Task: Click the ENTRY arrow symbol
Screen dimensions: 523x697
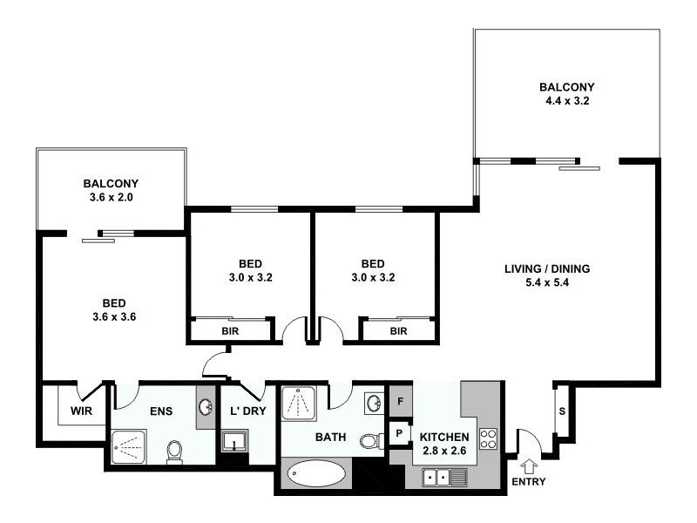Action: pyautogui.click(x=528, y=465)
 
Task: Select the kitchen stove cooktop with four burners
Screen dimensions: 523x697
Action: pyautogui.click(x=489, y=438)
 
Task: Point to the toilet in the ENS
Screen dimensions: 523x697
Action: pyautogui.click(x=174, y=451)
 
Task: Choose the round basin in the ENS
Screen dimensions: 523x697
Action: pyautogui.click(x=206, y=407)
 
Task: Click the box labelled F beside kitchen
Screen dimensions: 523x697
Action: pyautogui.click(x=399, y=403)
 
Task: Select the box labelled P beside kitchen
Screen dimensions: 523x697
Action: pyautogui.click(x=399, y=432)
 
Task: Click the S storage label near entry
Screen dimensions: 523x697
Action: pyautogui.click(x=561, y=411)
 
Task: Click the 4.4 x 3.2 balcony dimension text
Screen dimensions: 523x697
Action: pyautogui.click(x=566, y=100)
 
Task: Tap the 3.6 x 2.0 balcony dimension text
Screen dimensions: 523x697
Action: pyautogui.click(x=111, y=197)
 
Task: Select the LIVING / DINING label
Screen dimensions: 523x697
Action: pyautogui.click(x=547, y=268)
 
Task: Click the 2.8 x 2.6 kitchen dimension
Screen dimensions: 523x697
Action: pyautogui.click(x=444, y=452)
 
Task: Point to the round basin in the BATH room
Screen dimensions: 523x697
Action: pyautogui.click(x=373, y=403)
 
